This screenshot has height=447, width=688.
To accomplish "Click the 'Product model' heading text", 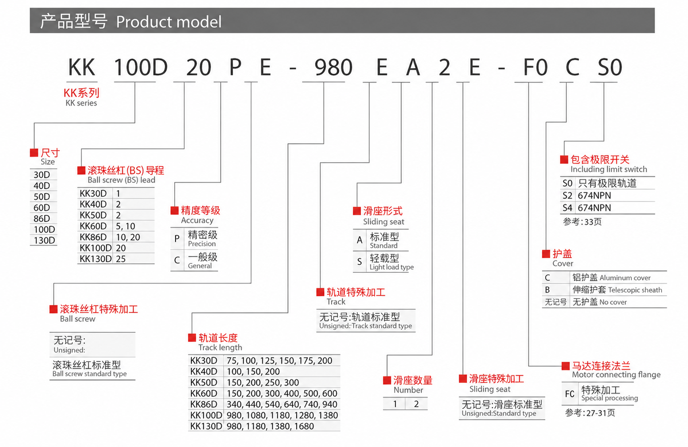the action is [x=168, y=22].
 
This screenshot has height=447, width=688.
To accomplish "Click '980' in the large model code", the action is [x=333, y=67].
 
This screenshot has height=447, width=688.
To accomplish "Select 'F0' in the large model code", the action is [x=535, y=67].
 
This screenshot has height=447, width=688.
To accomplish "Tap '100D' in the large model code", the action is [x=141, y=67].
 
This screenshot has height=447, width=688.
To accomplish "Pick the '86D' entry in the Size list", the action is [x=42, y=218].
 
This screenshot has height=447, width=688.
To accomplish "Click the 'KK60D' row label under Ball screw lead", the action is [x=93, y=226].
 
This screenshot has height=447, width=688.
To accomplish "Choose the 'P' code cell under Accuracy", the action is [x=177, y=238].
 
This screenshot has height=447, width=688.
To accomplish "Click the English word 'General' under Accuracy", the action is [x=200, y=266].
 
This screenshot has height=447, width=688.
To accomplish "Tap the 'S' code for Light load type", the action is [x=359, y=262].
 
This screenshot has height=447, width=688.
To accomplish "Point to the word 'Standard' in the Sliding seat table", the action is [x=384, y=245].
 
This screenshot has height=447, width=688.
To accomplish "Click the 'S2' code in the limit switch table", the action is [x=567, y=196].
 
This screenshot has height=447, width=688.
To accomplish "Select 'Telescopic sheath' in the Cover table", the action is [x=635, y=290].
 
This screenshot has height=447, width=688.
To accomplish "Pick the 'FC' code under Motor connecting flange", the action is [x=570, y=394].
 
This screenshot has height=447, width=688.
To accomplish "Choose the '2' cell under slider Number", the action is [x=416, y=404].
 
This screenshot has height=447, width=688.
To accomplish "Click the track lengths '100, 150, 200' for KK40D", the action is [x=253, y=372].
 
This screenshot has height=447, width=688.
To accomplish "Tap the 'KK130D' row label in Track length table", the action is [x=206, y=426].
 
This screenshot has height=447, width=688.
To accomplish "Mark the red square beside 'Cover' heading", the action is [x=546, y=254].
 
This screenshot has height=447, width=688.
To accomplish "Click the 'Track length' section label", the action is [x=220, y=348].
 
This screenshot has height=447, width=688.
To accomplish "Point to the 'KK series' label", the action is [x=81, y=103].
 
